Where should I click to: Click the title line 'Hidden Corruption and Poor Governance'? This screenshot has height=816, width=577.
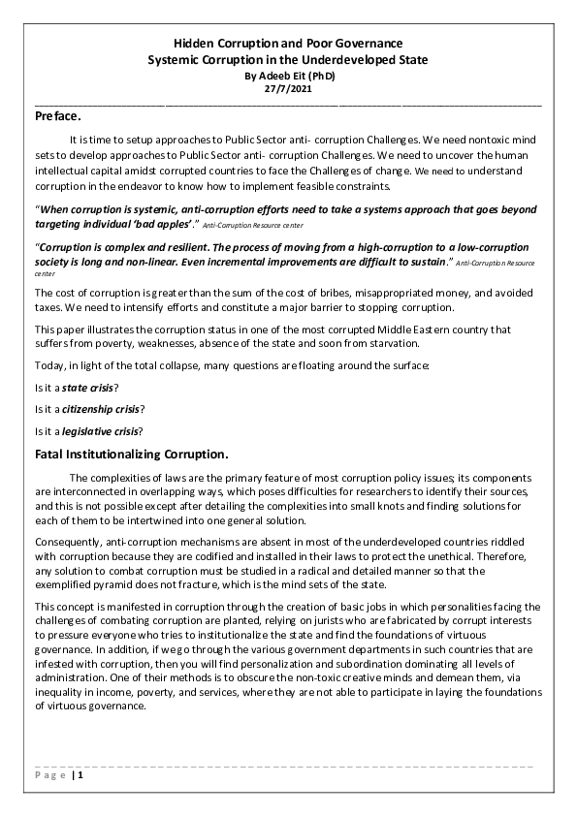tap(288, 45)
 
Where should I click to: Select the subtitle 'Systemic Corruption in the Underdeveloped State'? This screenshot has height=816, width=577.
tap(288, 60)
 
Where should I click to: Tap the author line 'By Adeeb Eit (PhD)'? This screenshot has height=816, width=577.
tap(288, 74)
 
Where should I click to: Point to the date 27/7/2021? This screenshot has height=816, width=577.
tap(288, 87)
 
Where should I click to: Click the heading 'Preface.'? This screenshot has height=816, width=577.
tap(58, 116)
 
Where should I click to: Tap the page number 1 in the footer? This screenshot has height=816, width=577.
tap(81, 775)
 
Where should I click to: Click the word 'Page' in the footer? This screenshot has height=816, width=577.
tap(48, 775)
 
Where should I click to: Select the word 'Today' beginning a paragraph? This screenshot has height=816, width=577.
tap(49, 366)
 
